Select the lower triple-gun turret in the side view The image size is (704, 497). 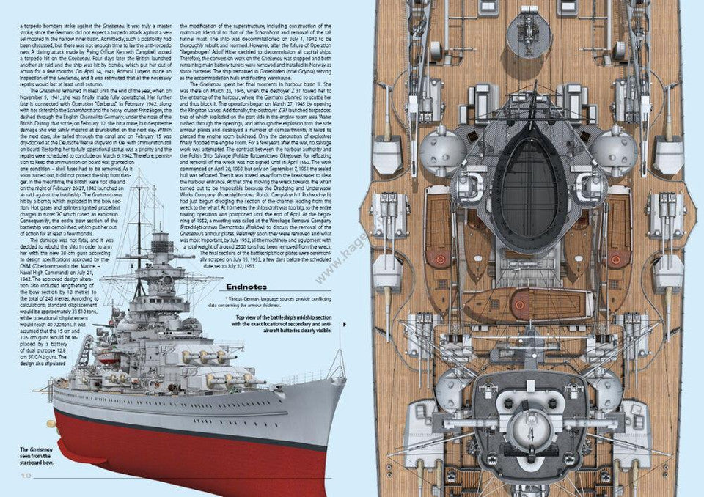pyautogui.click(x=224, y=380)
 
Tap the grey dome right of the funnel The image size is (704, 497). pyautogui.click(x=615, y=151)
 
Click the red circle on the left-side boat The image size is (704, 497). pyautogui.click(x=441, y=259)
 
